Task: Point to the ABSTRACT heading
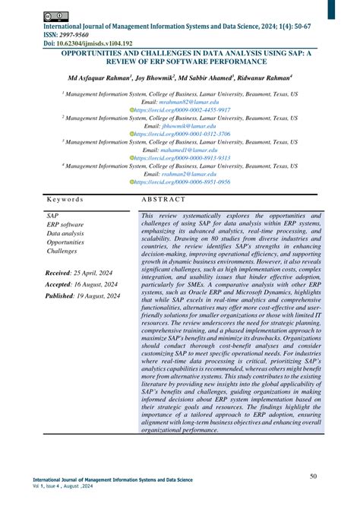click(163, 199)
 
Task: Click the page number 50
click(314, 476)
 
